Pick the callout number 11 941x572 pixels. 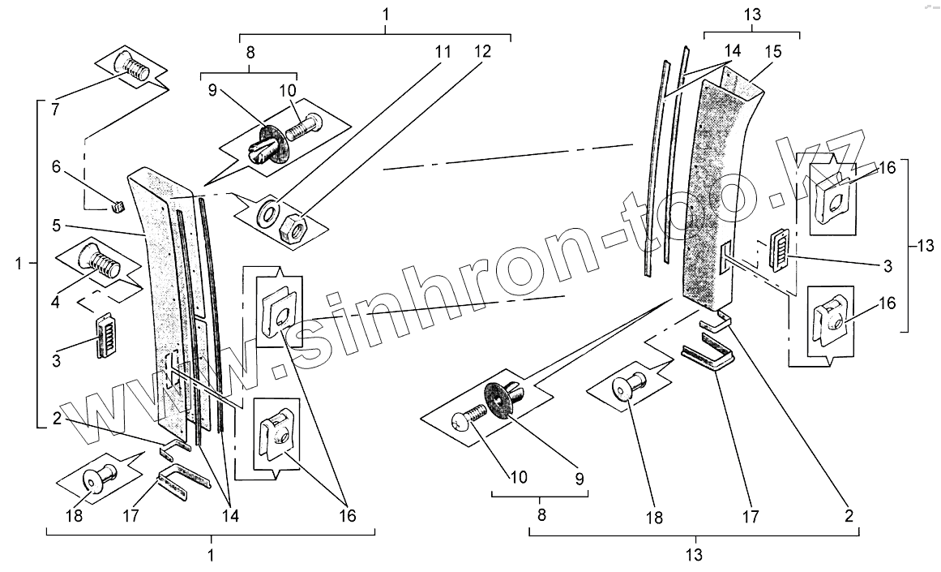(x=443, y=51)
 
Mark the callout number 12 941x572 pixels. (x=483, y=51)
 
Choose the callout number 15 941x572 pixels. (x=772, y=51)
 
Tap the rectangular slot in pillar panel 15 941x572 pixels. (x=724, y=259)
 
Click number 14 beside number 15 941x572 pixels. (x=733, y=51)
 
